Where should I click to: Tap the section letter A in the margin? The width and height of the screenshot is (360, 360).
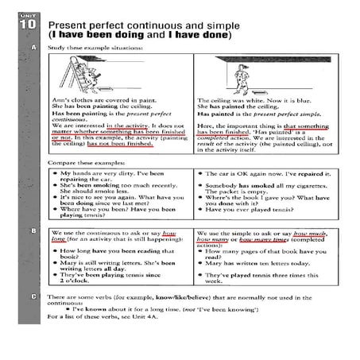33,48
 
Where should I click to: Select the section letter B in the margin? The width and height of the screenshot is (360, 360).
33,230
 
